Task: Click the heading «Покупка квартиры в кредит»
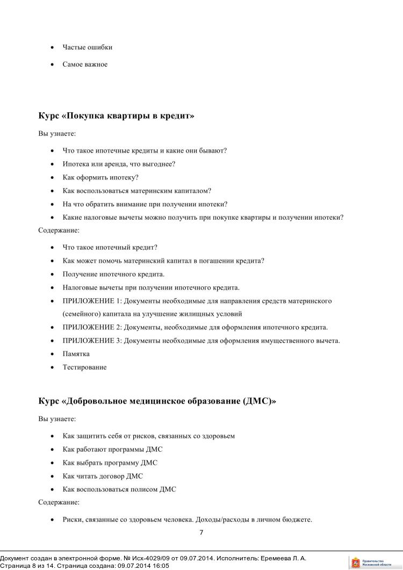coord(116,116)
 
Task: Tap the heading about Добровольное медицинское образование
coord(157,401)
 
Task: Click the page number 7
coord(201,532)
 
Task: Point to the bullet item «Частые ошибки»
coord(87,47)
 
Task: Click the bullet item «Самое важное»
coord(85,64)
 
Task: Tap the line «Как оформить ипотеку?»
coord(100,177)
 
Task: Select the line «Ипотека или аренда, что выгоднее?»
coord(119,164)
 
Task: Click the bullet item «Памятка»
coord(76,354)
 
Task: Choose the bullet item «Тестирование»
coord(84,367)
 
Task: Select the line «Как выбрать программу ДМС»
coord(110,463)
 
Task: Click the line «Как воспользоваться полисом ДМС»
coord(119,489)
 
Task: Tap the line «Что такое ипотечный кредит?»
coord(110,248)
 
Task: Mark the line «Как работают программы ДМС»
coord(112,449)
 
